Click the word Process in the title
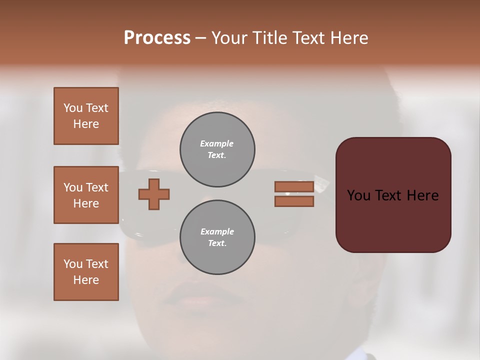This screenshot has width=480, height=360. pyautogui.click(x=157, y=38)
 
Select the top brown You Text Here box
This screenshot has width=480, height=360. pyautogui.click(x=86, y=116)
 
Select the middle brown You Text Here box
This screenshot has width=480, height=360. pyautogui.click(x=86, y=195)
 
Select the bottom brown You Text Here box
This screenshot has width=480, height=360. pyautogui.click(x=86, y=272)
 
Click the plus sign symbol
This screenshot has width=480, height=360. pyautogui.click(x=154, y=194)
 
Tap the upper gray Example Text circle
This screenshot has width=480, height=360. pyautogui.click(x=217, y=149)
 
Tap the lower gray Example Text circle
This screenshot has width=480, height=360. pyautogui.click(x=217, y=237)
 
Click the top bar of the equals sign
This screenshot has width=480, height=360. pyautogui.click(x=294, y=186)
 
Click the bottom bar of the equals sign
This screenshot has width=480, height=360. pyautogui.click(x=294, y=201)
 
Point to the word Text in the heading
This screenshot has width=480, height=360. pyautogui.click(x=307, y=38)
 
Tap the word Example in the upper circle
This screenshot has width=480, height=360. pyautogui.click(x=216, y=143)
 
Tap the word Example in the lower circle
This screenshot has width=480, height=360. pyautogui.click(x=217, y=231)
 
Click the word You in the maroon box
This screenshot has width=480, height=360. pyautogui.click(x=358, y=195)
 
